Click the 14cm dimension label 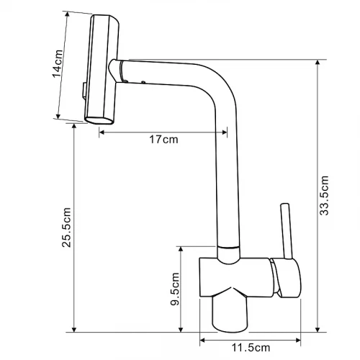click(58, 63)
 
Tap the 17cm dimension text click(163, 140)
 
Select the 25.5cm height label click(66, 228)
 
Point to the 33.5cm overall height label click(324, 195)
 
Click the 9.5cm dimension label click(175, 289)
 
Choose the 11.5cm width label click(251, 348)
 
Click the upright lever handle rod click(287, 231)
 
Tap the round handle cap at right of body click(286, 278)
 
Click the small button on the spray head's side click(84, 91)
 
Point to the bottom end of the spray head click(99, 120)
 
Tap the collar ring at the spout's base click(228, 248)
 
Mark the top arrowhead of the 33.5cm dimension click(318, 63)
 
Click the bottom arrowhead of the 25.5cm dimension click(74, 330)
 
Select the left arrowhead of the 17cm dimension click(102, 132)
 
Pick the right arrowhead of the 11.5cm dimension click(298, 340)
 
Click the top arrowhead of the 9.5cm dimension click(181, 249)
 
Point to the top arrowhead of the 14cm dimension click(68, 14)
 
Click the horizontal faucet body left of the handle click(236, 277)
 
